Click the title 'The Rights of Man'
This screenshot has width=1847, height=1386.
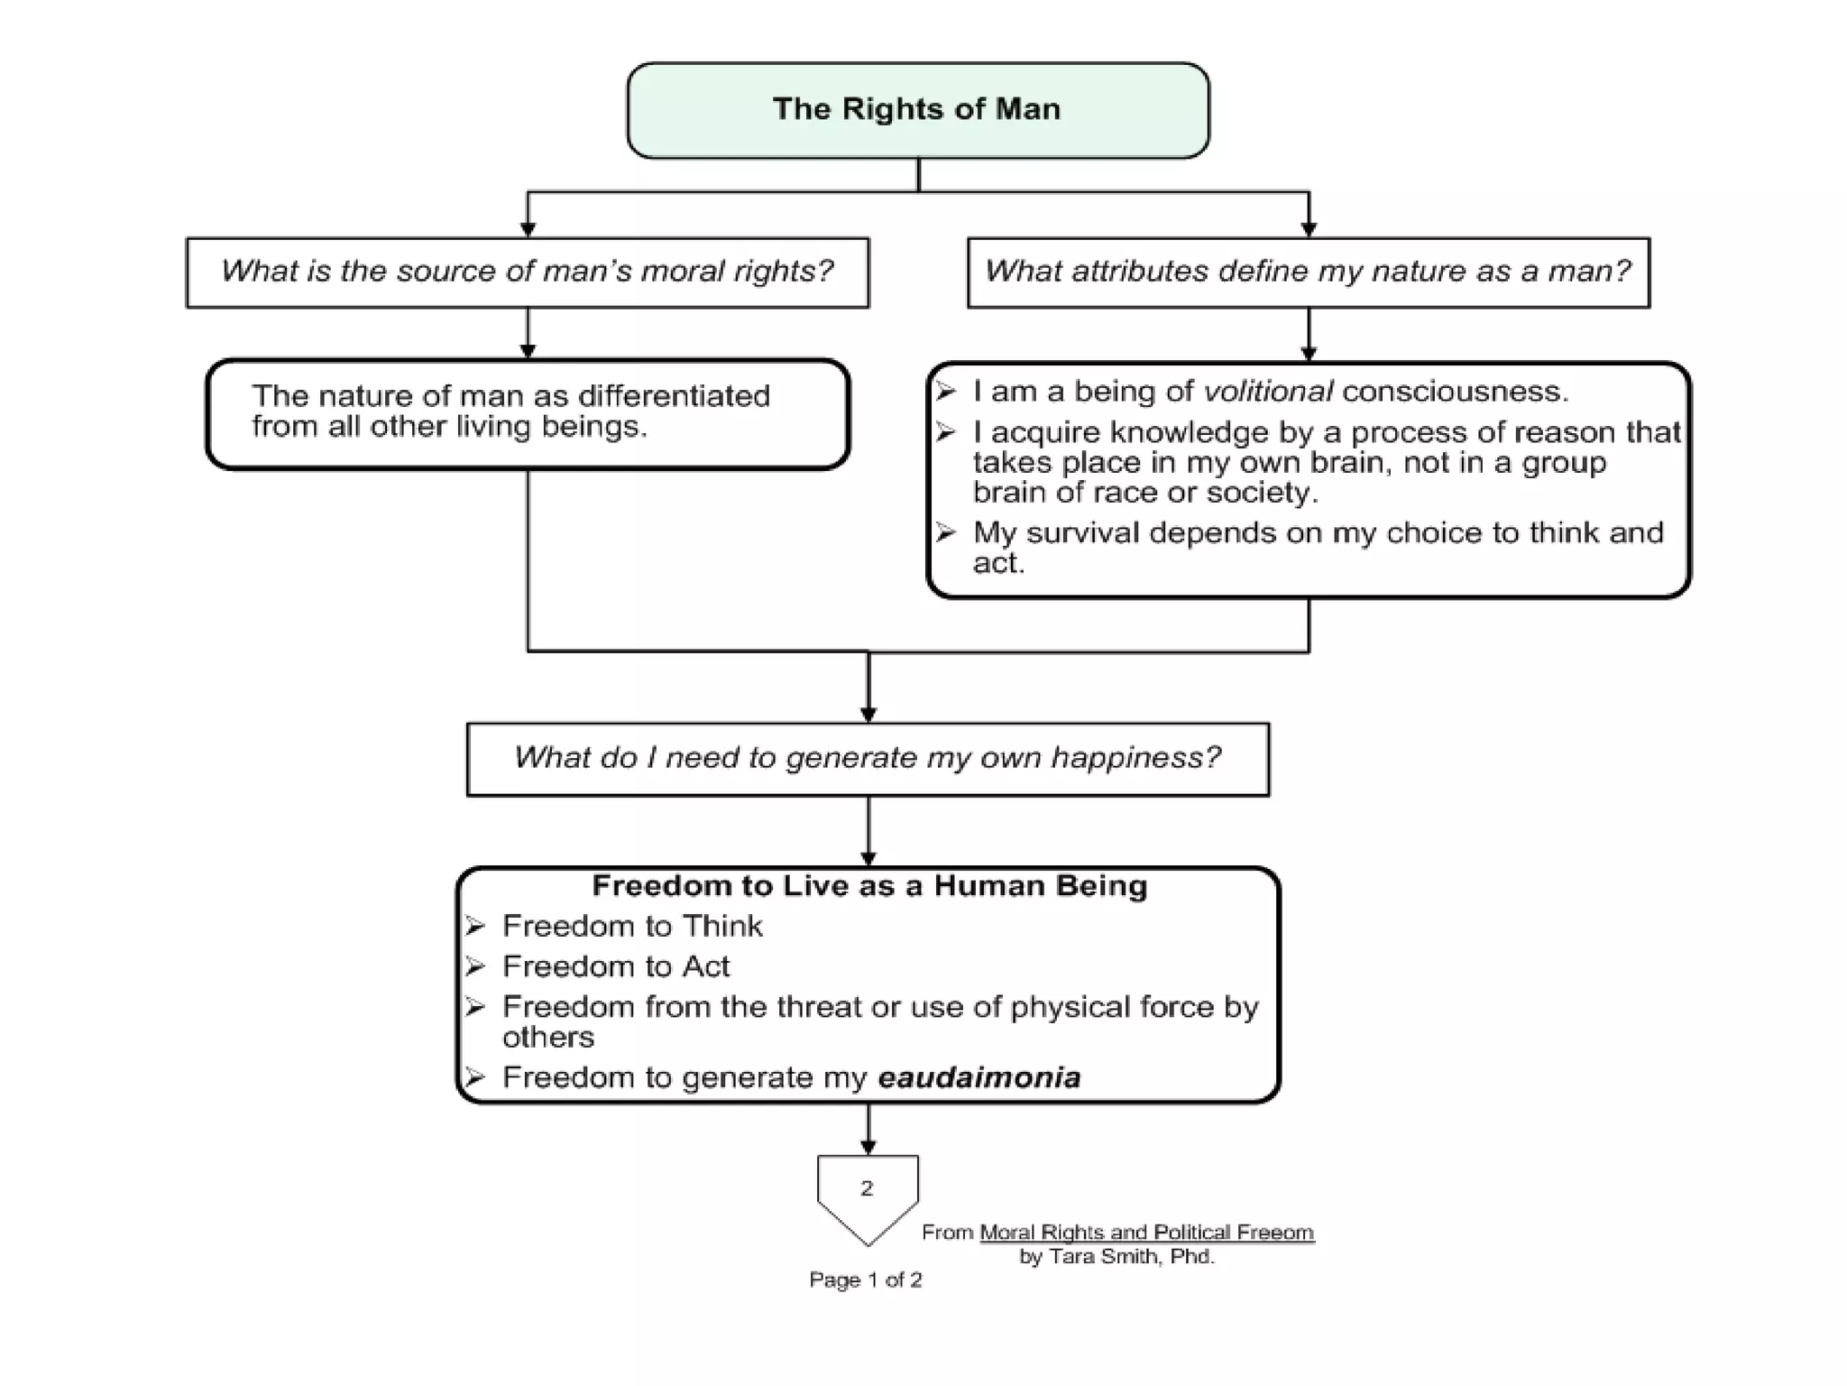[x=916, y=109]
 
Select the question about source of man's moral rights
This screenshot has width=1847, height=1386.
[x=527, y=272]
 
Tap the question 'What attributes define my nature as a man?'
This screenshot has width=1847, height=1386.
[x=1308, y=272]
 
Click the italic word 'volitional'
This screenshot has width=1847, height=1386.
[x=1268, y=392]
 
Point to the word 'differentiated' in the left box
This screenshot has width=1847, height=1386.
[x=673, y=396]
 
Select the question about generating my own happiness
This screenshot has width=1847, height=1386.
[x=867, y=758]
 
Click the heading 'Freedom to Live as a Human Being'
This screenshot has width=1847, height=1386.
[x=869, y=886]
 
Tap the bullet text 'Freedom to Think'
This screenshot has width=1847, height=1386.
[x=632, y=927]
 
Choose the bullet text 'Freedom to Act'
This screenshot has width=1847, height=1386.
[x=616, y=967]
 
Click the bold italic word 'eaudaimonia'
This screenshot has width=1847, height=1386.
[x=979, y=1078]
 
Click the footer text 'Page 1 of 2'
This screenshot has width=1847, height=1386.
[x=865, y=1280]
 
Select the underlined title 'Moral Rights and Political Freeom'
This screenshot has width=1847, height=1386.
[x=1146, y=1233]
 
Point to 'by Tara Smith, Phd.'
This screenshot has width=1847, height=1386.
[x=1116, y=1257]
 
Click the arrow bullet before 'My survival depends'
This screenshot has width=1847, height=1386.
[x=945, y=532]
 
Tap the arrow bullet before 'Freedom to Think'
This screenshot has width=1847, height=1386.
[x=475, y=927]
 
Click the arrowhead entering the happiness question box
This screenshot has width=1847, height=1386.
[x=868, y=715]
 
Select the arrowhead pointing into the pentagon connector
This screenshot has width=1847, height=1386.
[x=868, y=1148]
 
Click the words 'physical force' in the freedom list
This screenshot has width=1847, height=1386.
[x=1112, y=1008]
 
